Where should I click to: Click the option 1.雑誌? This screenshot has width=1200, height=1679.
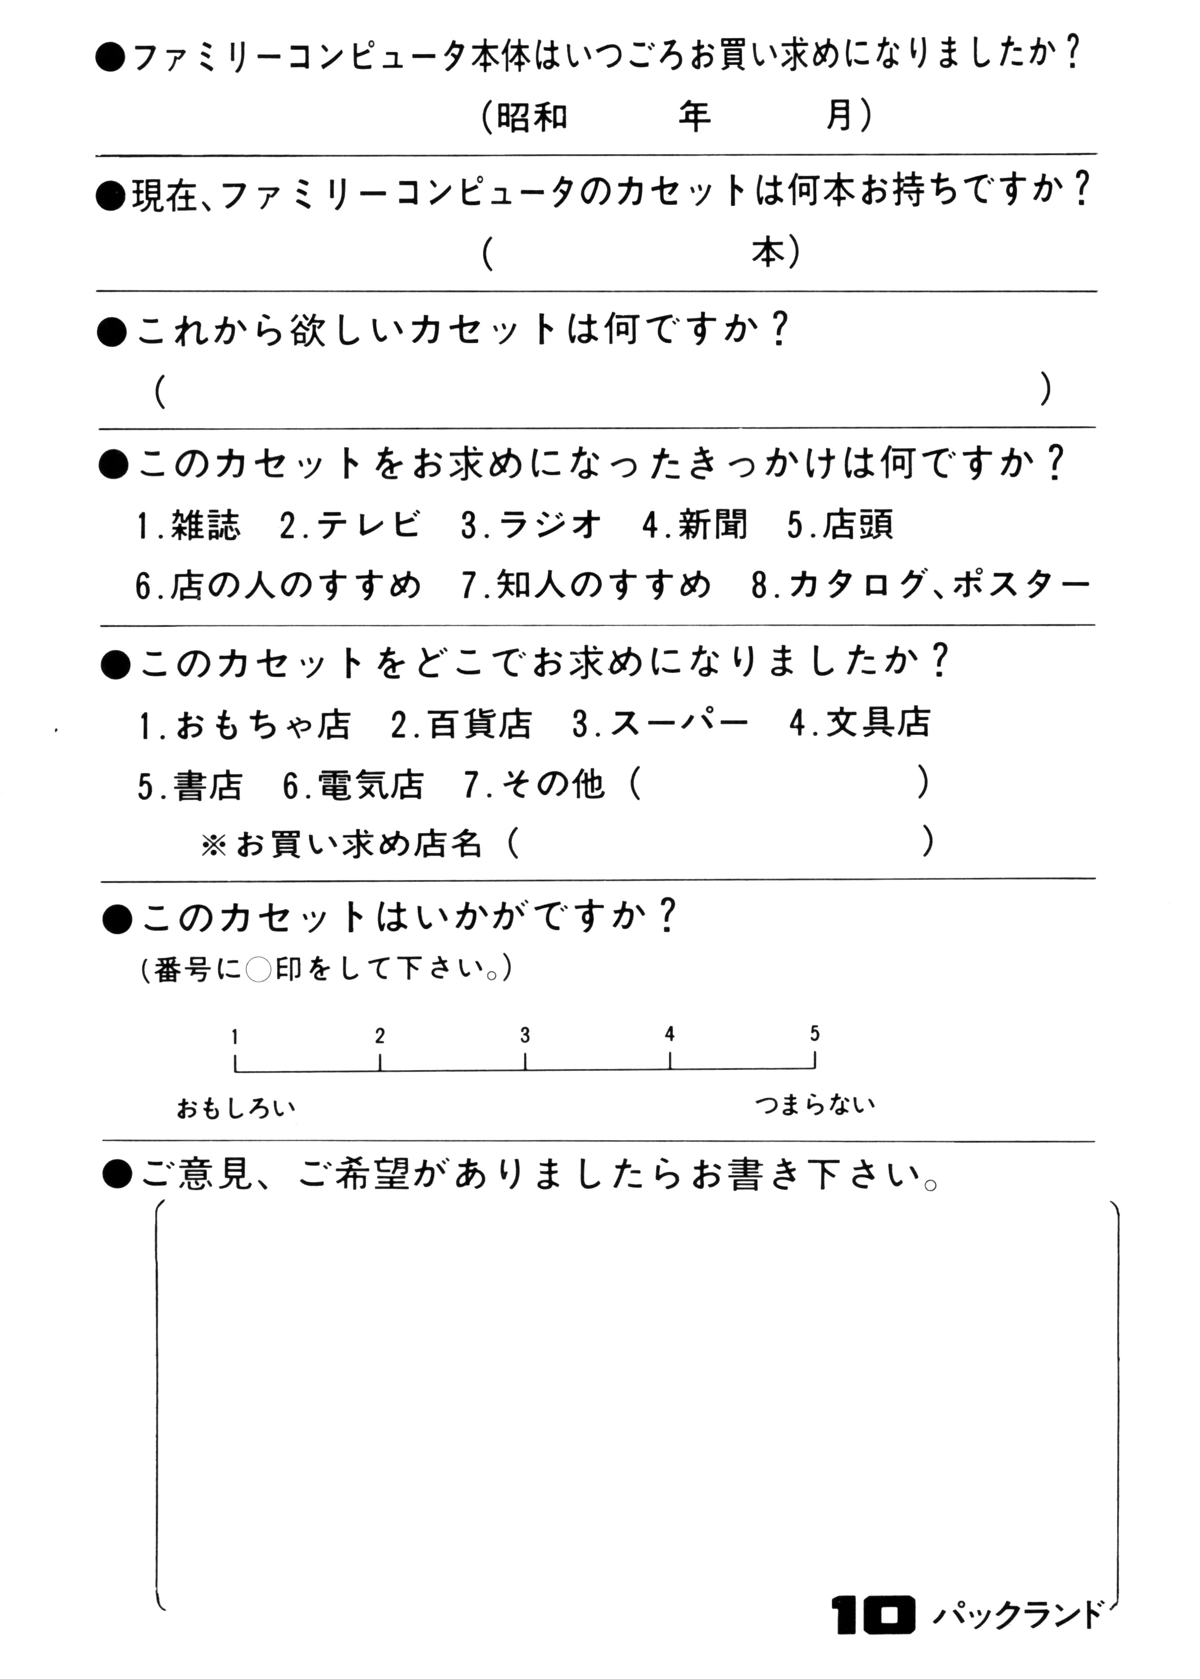coord(189,526)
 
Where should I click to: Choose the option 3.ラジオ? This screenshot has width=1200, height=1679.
coord(531,526)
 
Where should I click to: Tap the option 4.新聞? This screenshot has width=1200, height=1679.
coord(694,526)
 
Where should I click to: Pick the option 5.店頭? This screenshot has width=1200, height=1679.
coord(840,526)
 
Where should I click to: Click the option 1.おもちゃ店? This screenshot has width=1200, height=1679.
coord(245,724)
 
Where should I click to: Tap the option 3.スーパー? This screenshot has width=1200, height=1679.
coord(660,724)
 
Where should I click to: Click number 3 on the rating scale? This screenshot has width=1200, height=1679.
coord(524,1035)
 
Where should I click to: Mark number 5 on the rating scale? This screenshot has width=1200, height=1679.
coord(814,1033)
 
